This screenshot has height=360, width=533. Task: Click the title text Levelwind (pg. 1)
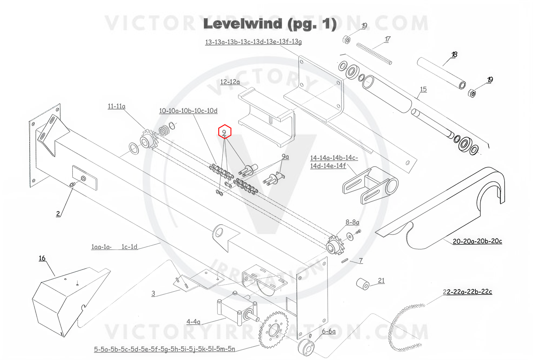click(x=269, y=24)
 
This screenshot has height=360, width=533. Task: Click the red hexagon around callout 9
click(x=225, y=132)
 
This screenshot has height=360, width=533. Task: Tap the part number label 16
click(x=42, y=258)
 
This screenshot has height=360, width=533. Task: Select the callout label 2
click(x=58, y=213)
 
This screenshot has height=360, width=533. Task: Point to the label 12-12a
click(x=230, y=82)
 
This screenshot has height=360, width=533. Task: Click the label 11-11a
click(x=116, y=106)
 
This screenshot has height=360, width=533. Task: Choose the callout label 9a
click(x=285, y=157)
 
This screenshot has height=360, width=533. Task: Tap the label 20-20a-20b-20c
click(x=477, y=242)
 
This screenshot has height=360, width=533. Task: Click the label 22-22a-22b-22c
click(x=467, y=292)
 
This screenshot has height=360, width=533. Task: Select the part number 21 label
click(x=381, y=280)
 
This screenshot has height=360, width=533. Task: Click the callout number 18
click(x=454, y=55)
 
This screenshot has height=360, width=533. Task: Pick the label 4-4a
click(x=193, y=321)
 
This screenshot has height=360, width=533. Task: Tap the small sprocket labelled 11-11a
click(x=146, y=141)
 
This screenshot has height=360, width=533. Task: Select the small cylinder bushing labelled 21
click(x=364, y=283)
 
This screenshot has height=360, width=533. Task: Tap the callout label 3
click(x=153, y=293)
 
